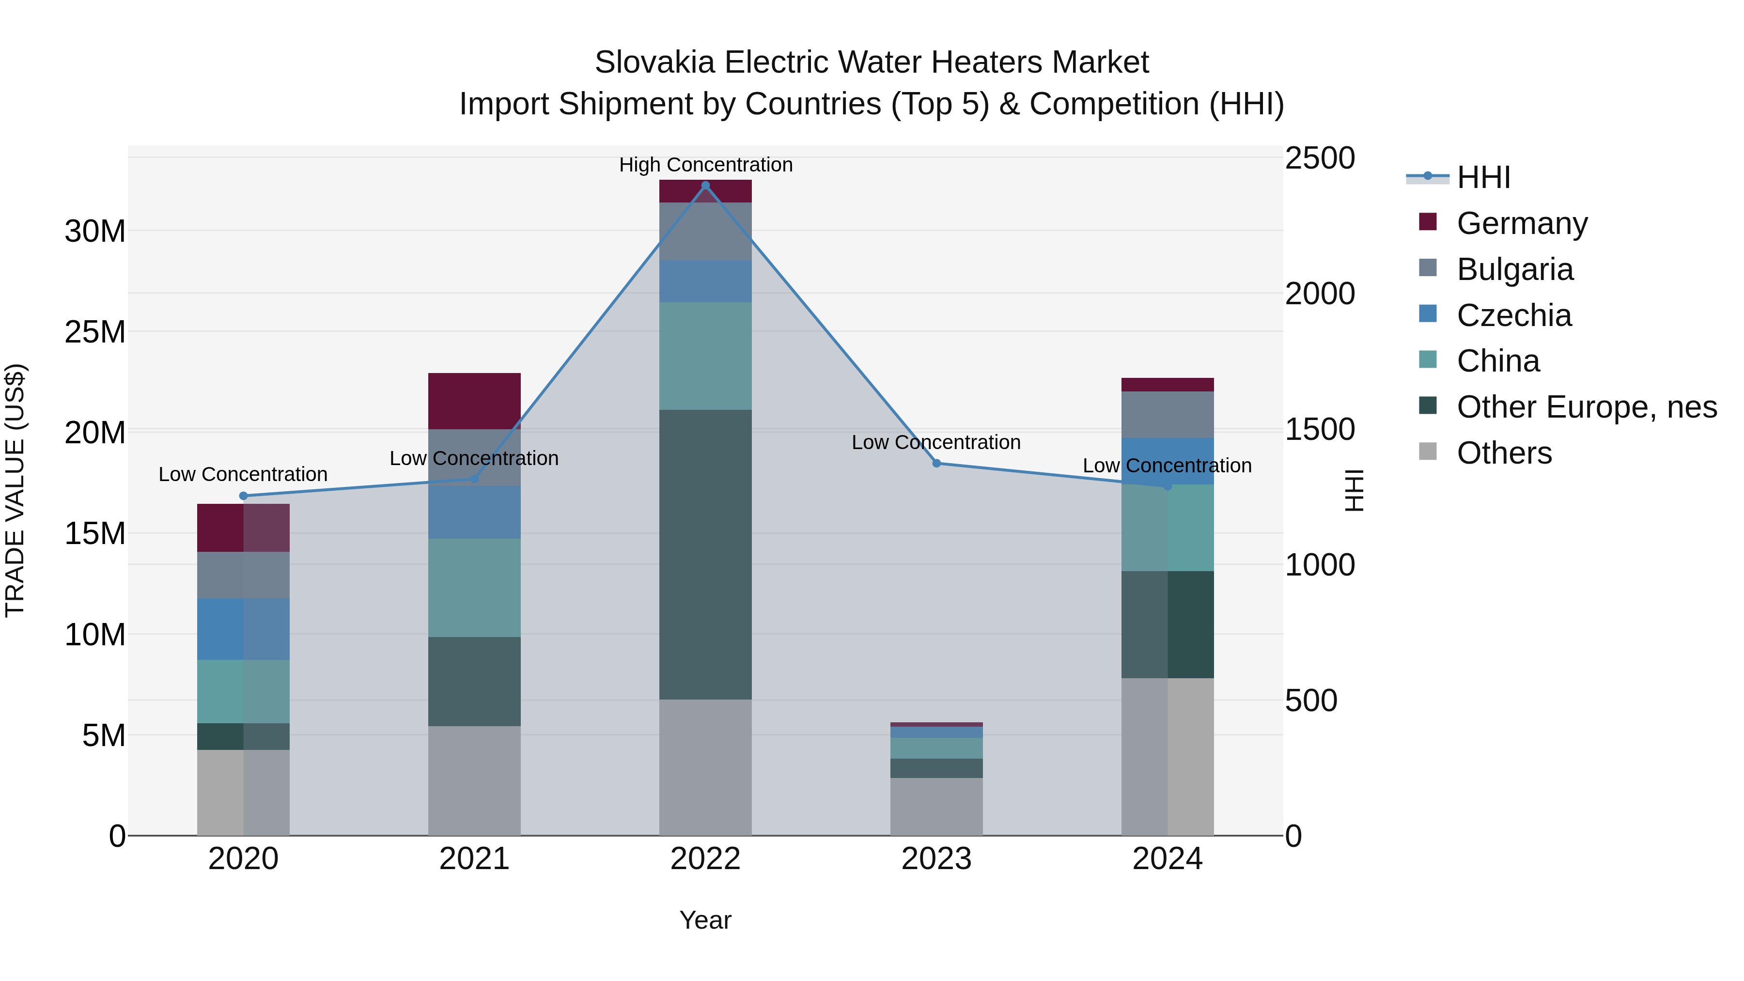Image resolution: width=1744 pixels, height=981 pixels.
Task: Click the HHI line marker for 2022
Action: [705, 186]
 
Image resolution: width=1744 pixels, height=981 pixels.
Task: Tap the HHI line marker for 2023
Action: [936, 463]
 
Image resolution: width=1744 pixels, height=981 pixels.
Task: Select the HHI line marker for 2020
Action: [244, 496]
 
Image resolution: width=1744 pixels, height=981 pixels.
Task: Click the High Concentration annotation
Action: [705, 165]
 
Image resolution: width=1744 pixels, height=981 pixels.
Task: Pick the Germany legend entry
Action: [1521, 223]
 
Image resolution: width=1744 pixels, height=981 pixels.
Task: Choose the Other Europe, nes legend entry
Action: [1586, 407]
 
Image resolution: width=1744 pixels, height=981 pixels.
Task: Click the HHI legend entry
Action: [1483, 177]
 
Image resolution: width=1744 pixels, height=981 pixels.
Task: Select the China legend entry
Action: [1497, 361]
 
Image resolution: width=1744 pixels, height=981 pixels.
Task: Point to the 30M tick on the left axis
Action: [95, 232]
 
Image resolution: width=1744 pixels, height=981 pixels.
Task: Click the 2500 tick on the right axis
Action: [1320, 158]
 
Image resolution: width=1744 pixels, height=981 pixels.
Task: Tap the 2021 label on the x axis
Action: [474, 859]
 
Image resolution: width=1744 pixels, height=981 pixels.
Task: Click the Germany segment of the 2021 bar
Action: [474, 401]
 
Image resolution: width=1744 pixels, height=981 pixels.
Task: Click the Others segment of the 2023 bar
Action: [936, 806]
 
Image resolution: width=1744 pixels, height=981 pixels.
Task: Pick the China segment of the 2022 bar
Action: [705, 356]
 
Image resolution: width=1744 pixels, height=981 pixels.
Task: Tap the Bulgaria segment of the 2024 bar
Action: [1167, 414]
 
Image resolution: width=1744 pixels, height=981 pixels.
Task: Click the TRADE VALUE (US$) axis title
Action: [15, 490]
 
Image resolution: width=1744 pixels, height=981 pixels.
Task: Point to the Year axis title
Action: [705, 920]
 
